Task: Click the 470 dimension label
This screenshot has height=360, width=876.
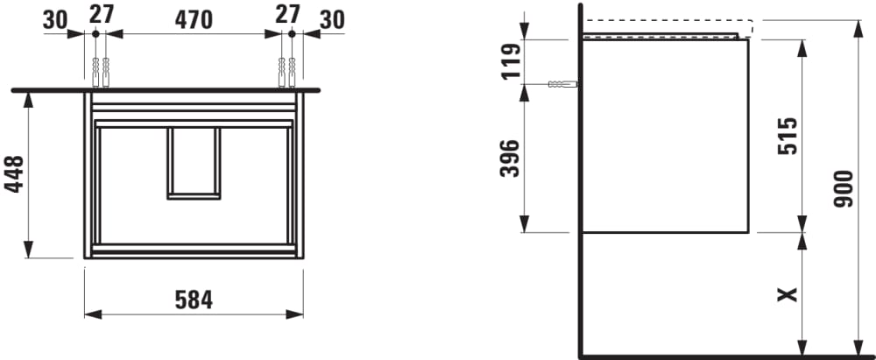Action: [x=194, y=20]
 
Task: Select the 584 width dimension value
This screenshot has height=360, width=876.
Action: [x=194, y=300]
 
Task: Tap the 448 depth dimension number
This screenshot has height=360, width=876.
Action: [x=15, y=173]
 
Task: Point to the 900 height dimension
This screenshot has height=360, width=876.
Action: [x=843, y=189]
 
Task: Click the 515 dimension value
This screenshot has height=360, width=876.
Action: [x=788, y=136]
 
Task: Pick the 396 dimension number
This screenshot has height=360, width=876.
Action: [x=510, y=159]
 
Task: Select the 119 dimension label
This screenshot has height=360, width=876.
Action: [x=511, y=61]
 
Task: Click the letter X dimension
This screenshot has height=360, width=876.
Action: [x=788, y=294]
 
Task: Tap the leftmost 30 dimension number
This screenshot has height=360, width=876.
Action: [x=55, y=20]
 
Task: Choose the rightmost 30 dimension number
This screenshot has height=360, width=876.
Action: [x=332, y=20]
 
